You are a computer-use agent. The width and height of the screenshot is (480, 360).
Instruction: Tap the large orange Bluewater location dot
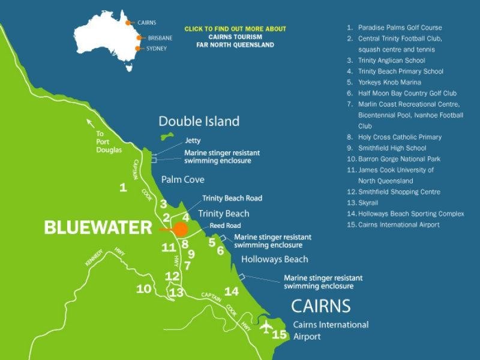click(x=180, y=229)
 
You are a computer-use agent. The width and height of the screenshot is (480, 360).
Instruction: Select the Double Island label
click(x=199, y=122)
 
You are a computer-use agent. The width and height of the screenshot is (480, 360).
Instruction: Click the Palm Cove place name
click(x=182, y=179)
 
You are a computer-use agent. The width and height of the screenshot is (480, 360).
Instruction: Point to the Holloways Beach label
click(x=274, y=259)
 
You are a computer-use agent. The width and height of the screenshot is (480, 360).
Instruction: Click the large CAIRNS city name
click(x=320, y=306)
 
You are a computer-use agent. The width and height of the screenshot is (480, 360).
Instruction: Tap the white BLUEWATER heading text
click(x=98, y=227)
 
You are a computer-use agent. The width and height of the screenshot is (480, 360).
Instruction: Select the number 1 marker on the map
click(x=123, y=188)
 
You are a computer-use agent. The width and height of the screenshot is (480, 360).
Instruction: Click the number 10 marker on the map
click(x=143, y=289)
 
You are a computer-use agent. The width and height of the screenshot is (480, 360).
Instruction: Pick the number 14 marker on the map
click(x=232, y=292)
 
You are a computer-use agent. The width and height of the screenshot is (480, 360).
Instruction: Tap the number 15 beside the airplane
click(x=280, y=335)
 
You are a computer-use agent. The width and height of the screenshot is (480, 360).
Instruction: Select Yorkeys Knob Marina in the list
click(x=389, y=82)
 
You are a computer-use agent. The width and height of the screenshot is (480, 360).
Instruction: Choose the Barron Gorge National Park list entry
click(x=399, y=159)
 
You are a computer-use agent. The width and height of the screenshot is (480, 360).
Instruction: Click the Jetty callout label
click(x=194, y=140)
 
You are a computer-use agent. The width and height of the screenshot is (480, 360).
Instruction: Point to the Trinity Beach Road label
click(x=232, y=198)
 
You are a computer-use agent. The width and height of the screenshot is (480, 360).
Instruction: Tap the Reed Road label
click(x=225, y=226)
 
